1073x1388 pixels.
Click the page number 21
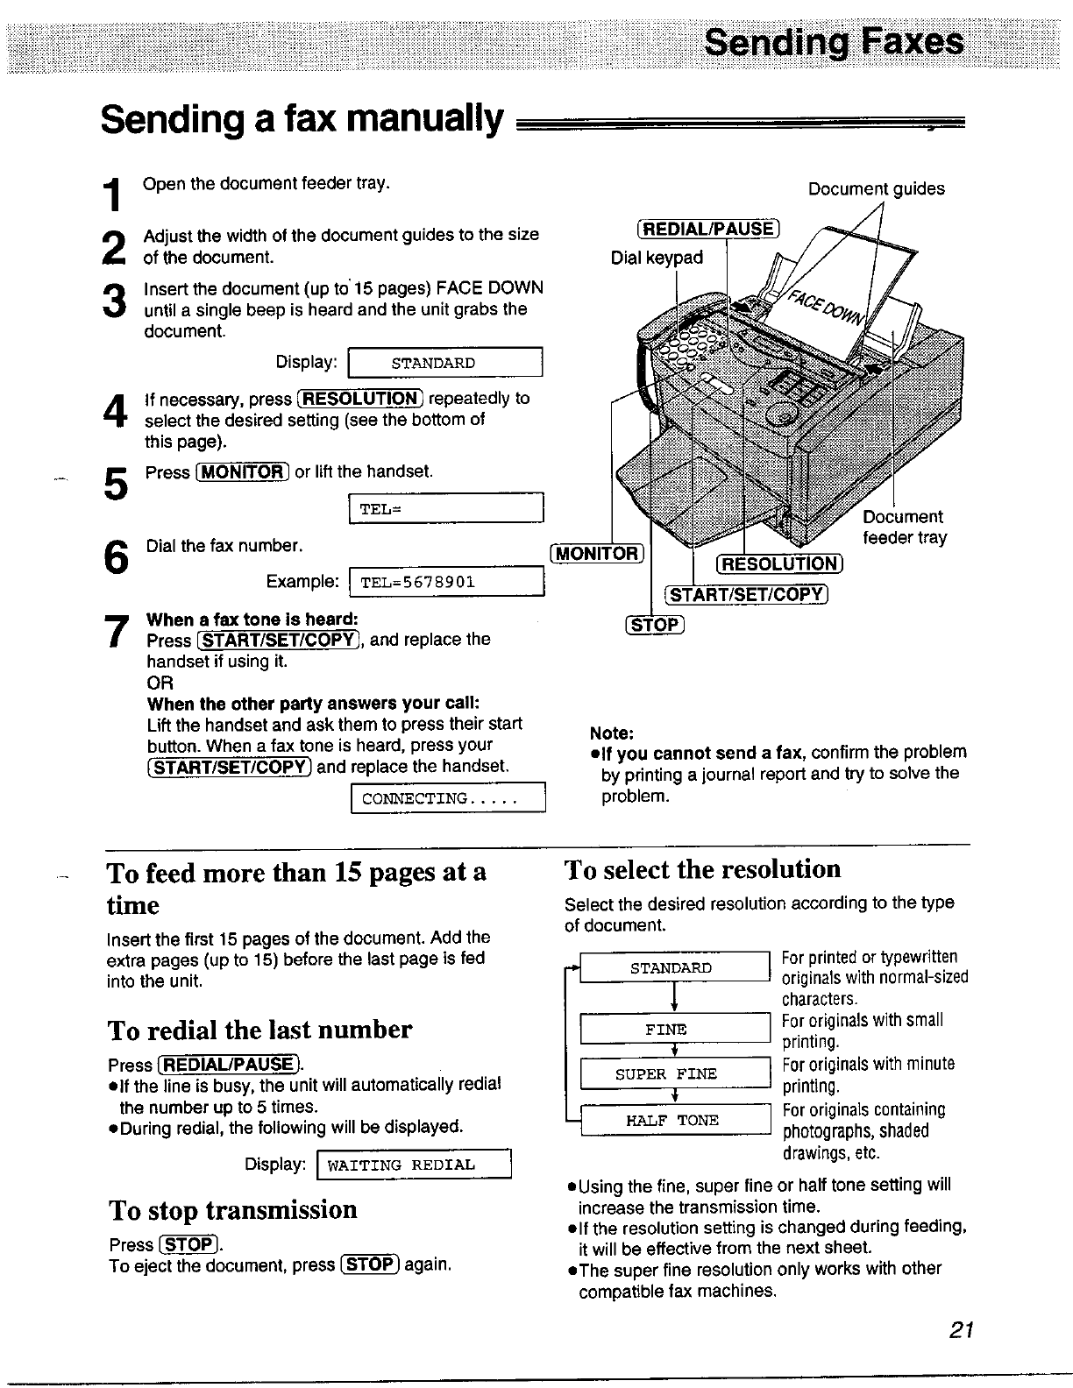point(962,1330)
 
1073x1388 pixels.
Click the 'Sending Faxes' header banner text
point(834,42)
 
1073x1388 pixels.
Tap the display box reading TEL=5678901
point(447,583)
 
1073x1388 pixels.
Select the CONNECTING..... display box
point(448,798)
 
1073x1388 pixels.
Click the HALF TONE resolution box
point(673,1120)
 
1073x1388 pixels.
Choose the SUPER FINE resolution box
point(673,1073)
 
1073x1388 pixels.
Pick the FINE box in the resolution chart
point(673,1029)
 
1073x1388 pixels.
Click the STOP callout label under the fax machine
point(654,625)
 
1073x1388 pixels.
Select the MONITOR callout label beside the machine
point(597,553)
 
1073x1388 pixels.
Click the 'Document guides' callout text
point(876,188)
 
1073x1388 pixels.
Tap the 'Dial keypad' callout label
point(657,258)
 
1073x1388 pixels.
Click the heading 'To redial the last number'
point(259,1029)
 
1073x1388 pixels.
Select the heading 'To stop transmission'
point(233,1209)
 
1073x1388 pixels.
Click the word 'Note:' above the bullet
point(612,733)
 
